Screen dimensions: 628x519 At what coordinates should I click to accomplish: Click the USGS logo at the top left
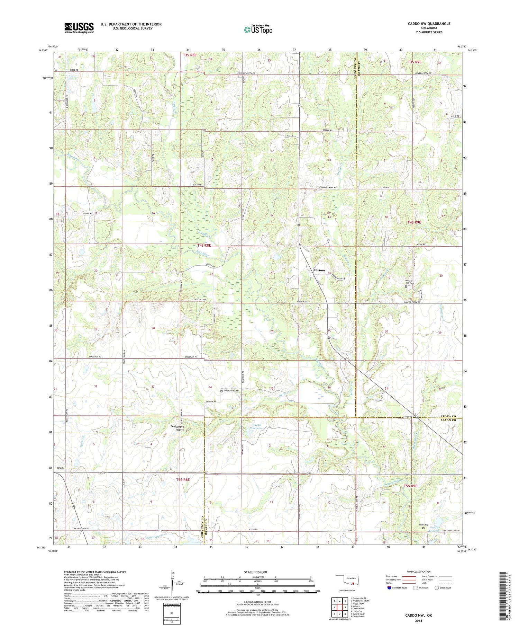tap(79, 28)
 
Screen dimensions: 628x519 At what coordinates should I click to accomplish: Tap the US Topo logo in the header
tap(258, 30)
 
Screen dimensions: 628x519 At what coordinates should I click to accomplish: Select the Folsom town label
tap(319, 270)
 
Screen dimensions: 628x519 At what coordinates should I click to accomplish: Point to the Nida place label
tap(61, 468)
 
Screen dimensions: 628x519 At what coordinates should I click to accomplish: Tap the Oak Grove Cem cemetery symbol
tap(222, 391)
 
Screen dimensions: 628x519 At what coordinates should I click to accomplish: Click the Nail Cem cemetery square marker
tap(423, 528)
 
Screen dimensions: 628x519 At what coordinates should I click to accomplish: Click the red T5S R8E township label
tap(183, 480)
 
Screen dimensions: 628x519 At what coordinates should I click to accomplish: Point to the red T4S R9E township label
tap(414, 222)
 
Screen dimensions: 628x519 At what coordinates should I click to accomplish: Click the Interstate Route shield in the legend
tap(389, 588)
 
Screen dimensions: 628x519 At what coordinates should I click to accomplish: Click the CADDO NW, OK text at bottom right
tap(419, 615)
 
